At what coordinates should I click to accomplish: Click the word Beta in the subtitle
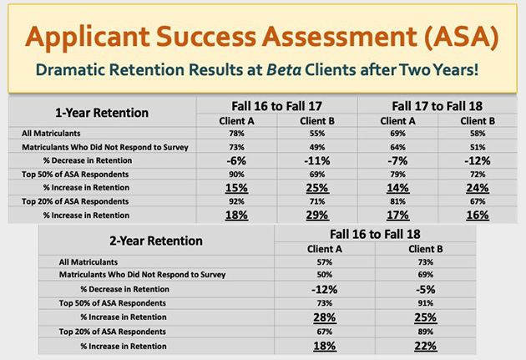point(284,70)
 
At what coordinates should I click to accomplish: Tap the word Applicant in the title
point(87,37)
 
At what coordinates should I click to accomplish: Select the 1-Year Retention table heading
point(102,113)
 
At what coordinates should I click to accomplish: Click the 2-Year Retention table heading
point(156,241)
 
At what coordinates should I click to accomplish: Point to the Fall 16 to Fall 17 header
point(276,106)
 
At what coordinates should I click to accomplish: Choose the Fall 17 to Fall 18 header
point(437,106)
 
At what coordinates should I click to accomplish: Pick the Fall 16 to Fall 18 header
point(375,234)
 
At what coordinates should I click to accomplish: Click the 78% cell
point(236,134)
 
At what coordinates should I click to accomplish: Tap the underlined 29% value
point(317,215)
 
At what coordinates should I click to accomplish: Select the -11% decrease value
point(317,160)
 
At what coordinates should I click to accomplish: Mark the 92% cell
point(236,201)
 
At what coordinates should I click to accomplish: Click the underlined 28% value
point(325,317)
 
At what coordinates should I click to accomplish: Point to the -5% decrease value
point(426,289)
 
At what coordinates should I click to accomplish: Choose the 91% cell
point(426,303)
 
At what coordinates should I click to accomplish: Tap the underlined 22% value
point(426,346)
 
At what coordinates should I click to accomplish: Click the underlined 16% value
point(478,215)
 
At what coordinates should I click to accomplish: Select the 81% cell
point(398,201)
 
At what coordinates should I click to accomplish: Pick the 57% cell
point(325,262)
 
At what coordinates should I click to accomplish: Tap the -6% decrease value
point(236,160)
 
